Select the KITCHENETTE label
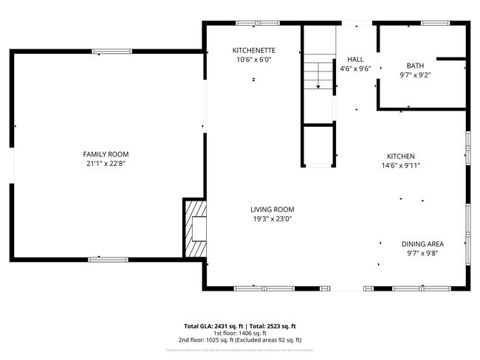(254, 50)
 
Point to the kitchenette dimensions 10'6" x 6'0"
(254, 60)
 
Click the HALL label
(355, 60)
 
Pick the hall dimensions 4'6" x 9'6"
(355, 69)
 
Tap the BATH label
(415, 66)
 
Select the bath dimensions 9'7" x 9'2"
(415, 75)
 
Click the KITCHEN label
(401, 156)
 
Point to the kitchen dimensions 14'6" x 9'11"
(401, 166)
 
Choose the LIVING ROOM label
(272, 209)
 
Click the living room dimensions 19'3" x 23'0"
(272, 218)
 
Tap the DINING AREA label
(422, 244)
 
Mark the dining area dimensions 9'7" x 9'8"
(422, 254)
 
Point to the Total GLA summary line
(240, 326)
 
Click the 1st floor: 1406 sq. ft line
(240, 333)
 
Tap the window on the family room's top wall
(112, 52)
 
